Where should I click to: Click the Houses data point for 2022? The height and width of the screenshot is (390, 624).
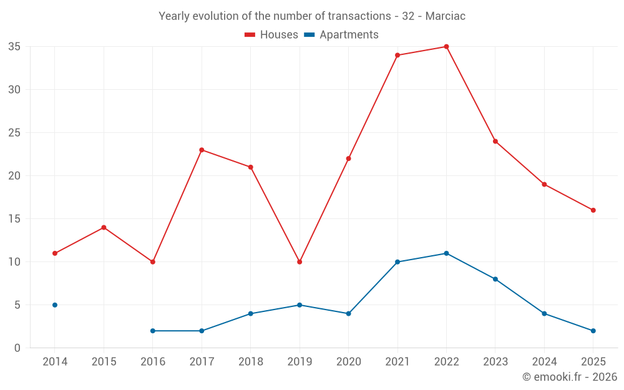coord(446,47)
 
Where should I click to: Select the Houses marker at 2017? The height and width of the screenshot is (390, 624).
coord(202,150)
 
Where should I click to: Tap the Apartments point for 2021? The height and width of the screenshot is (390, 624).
coord(397,262)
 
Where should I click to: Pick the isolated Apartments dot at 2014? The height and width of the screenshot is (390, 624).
coord(55,305)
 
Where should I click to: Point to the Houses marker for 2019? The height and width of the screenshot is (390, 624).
coord(300,262)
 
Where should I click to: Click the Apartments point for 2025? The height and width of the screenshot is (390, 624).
coord(593,331)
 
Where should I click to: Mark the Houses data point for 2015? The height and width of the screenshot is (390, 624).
coord(104,227)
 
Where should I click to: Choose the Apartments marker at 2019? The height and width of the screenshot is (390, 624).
coord(300,305)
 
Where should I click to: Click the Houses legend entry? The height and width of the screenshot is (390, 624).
coord(271,35)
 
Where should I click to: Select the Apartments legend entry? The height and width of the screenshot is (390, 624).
coord(341,35)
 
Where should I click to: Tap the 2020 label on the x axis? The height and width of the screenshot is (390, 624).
coord(349,362)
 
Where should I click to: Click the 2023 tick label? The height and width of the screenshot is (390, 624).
coord(495,362)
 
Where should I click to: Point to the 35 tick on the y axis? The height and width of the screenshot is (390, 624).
coord(14,47)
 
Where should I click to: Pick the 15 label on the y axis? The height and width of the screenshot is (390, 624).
coord(14,219)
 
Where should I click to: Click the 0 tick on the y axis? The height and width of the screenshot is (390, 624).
coord(17,348)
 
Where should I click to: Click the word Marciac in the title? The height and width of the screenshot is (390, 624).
coord(446,16)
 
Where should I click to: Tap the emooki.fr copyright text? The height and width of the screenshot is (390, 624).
coord(569,377)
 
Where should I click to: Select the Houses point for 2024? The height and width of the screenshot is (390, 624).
coord(544,184)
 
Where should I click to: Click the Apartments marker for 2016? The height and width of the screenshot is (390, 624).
coord(153,331)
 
